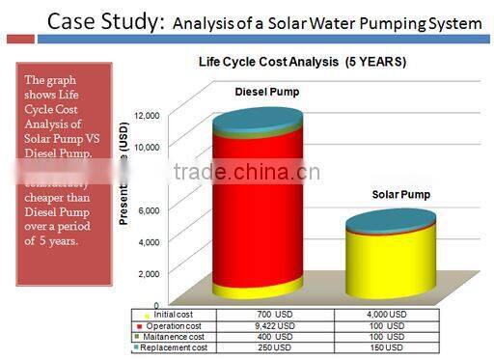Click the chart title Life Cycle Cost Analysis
point(302,62)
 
